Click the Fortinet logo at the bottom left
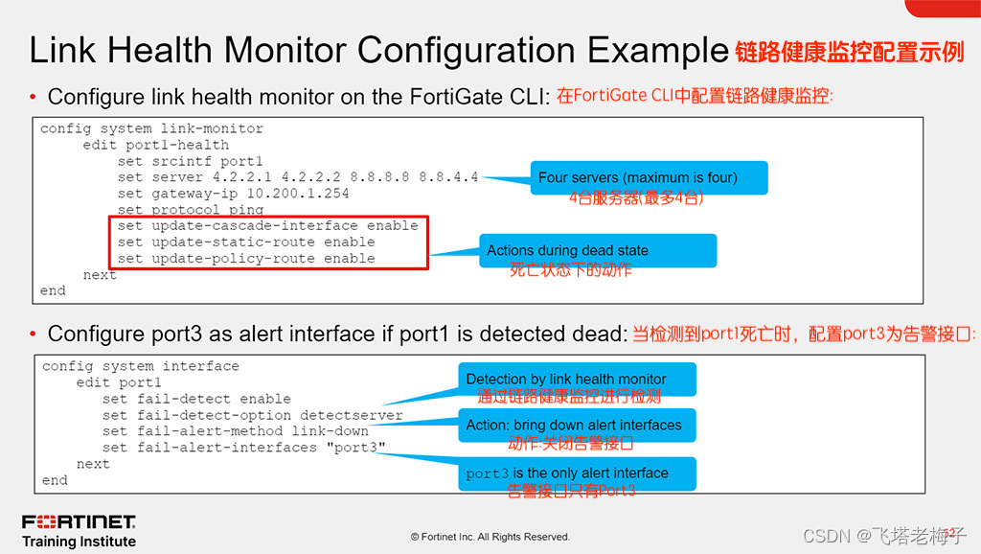pos(79,522)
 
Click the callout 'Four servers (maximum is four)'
pos(637,177)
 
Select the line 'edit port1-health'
pos(155,145)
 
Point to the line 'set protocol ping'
pos(191,210)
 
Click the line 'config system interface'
pos(141,366)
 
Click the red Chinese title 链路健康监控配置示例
pos(850,52)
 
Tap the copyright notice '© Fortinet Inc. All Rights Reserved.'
pos(490,537)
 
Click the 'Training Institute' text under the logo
pos(79,542)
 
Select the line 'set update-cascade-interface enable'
pos(268,226)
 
